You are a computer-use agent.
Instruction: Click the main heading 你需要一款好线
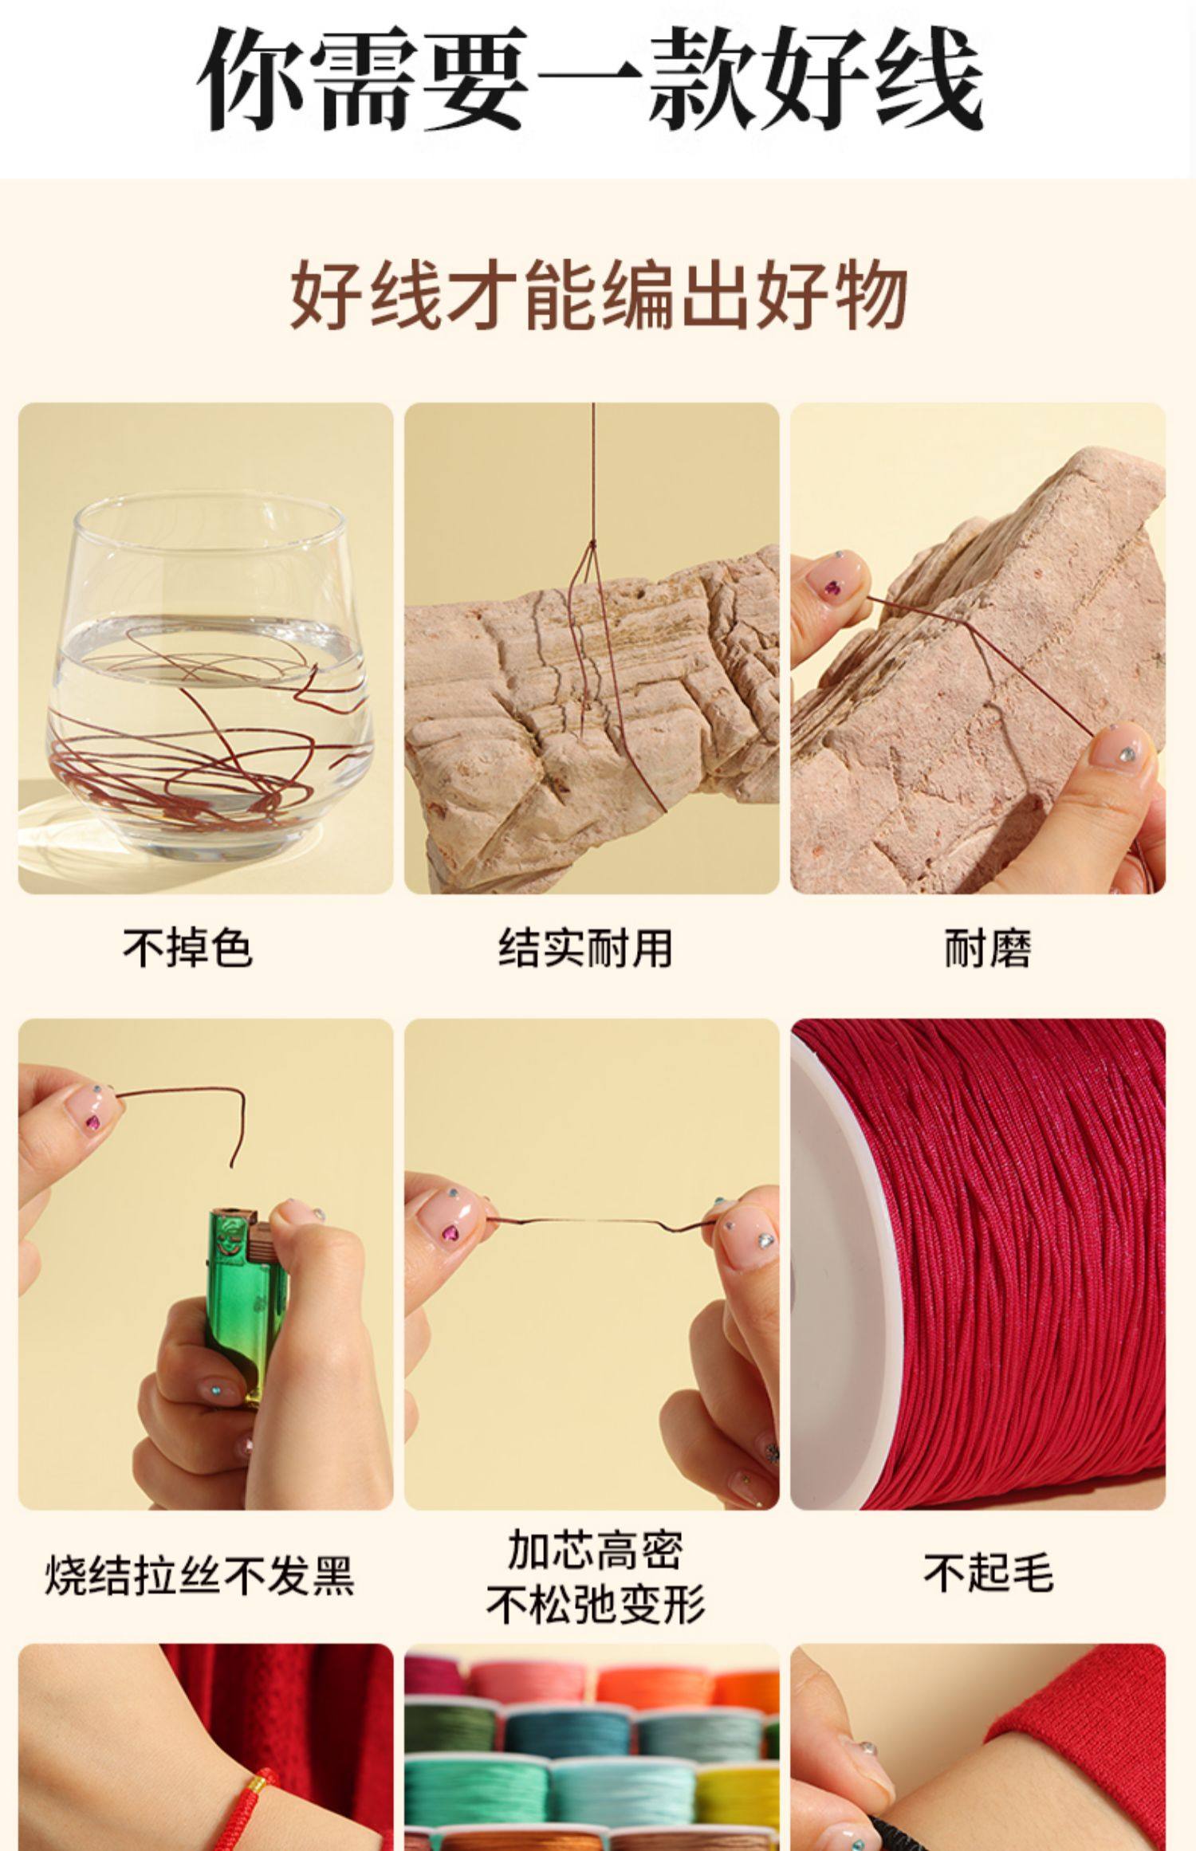pos(590,80)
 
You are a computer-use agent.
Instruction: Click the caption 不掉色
pos(188,949)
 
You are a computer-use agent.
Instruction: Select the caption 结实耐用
pos(586,949)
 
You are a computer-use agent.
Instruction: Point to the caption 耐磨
pos(987,949)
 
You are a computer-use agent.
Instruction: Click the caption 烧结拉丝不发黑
pos(199,1574)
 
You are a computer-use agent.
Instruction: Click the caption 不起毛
pos(989,1573)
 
